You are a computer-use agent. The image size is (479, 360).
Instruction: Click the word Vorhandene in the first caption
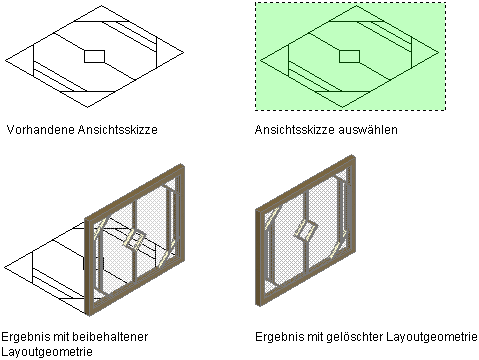click(41, 130)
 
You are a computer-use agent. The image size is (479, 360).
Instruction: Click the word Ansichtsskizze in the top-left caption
click(118, 130)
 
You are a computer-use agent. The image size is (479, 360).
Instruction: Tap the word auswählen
click(368, 130)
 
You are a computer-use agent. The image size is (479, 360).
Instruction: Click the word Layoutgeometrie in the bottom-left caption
click(47, 352)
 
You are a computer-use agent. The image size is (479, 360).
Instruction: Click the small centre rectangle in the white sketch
click(95, 56)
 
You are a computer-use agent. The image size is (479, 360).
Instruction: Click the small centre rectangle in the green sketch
click(349, 56)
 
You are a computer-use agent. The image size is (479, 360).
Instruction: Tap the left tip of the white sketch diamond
click(5, 61)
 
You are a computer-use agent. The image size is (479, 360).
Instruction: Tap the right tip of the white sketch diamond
click(184, 52)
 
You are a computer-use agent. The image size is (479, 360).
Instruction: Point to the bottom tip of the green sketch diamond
click(342, 107)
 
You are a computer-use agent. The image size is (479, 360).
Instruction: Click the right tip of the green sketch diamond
click(438, 52)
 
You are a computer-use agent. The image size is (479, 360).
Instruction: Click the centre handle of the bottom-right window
click(306, 230)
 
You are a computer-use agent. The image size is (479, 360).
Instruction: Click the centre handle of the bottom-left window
click(135, 240)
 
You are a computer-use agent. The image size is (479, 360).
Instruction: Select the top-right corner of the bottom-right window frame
click(353, 155)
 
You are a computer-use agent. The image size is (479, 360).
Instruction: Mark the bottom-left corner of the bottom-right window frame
click(257, 305)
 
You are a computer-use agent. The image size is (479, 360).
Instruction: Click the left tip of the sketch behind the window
click(5, 267)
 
